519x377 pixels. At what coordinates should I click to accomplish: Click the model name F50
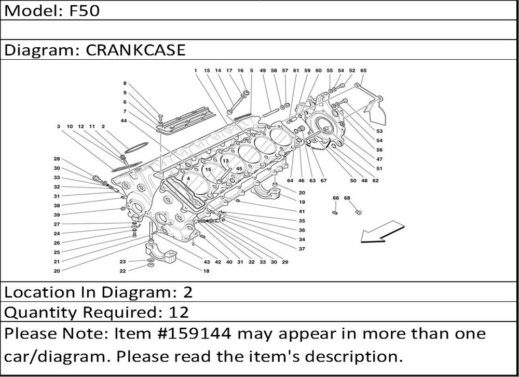(x=85, y=10)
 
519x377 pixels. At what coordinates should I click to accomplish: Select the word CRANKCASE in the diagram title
(x=135, y=50)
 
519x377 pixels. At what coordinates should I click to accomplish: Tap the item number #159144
(x=196, y=333)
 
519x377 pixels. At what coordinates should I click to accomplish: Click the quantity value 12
(x=179, y=312)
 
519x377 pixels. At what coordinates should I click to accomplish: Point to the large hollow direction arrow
(x=383, y=232)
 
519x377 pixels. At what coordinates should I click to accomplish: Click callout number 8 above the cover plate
(x=125, y=84)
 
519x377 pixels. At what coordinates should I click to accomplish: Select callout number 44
(x=124, y=121)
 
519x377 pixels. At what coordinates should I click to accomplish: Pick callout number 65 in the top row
(x=363, y=71)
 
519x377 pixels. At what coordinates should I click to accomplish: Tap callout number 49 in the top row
(x=263, y=71)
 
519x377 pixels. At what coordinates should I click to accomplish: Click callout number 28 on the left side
(x=57, y=159)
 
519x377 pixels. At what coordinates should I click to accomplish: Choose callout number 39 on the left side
(x=57, y=215)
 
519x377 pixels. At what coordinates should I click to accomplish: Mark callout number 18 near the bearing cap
(x=206, y=271)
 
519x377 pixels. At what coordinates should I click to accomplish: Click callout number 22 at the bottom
(x=123, y=271)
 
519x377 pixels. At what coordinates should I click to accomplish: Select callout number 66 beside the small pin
(x=336, y=198)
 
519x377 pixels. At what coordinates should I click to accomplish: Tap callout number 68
(x=347, y=198)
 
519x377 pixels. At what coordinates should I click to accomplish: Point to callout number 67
(x=323, y=181)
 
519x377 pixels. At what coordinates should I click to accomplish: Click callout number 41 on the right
(x=302, y=211)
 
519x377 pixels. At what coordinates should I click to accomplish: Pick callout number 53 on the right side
(x=379, y=131)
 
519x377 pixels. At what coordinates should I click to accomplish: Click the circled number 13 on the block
(x=226, y=161)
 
